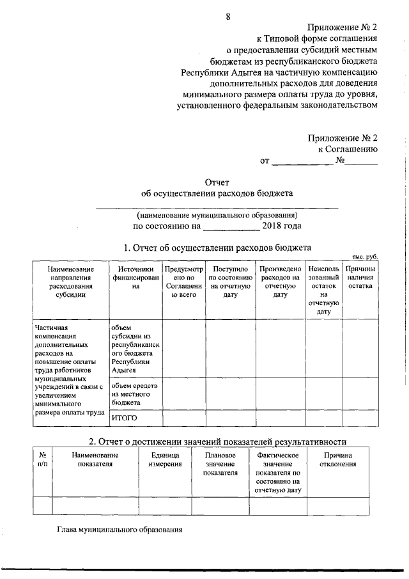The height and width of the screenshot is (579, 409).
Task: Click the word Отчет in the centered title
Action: click(x=217, y=182)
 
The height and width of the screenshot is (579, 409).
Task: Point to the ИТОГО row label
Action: click(x=125, y=418)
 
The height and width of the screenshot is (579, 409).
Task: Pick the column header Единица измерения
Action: click(x=165, y=459)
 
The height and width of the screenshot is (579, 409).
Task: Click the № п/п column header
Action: click(x=42, y=459)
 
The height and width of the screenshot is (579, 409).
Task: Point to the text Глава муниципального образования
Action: click(x=120, y=530)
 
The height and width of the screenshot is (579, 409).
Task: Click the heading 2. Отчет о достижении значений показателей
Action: click(x=217, y=441)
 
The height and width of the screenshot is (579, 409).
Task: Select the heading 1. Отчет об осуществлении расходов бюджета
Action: click(x=217, y=247)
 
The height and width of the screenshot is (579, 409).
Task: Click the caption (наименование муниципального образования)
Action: click(x=217, y=215)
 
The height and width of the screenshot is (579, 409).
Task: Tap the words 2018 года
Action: click(x=282, y=226)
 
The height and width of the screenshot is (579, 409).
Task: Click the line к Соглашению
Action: click(x=348, y=148)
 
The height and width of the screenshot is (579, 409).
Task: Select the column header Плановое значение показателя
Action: click(x=220, y=464)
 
